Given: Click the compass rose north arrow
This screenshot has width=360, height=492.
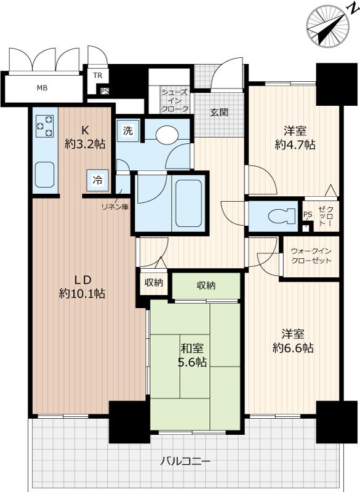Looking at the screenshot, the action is (328, 26).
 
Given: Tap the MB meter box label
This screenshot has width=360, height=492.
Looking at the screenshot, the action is (42, 88).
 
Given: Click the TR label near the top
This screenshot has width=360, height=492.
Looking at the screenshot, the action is (97, 76).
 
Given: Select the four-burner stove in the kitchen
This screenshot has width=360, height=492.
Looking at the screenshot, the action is (45, 126).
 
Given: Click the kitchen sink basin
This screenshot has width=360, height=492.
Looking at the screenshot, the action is (44, 175).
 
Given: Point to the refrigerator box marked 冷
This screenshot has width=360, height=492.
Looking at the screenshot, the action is (98, 180).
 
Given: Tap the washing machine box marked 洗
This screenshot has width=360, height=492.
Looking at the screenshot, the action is (128, 131).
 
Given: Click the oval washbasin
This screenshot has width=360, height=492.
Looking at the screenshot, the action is (167, 135).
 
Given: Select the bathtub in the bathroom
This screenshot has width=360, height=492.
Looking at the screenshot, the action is (188, 203).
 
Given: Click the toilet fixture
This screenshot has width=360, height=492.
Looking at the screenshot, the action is (282, 216).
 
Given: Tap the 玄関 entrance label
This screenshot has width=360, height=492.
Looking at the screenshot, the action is (219, 113).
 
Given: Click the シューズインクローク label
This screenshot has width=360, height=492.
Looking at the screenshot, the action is (175, 101).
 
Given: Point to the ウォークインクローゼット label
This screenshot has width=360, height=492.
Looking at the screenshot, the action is (311, 256).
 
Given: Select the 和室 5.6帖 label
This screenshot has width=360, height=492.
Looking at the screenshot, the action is (192, 355).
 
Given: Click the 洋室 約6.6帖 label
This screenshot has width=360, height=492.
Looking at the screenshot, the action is (293, 341).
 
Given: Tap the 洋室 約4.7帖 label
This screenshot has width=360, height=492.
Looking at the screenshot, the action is (295, 138).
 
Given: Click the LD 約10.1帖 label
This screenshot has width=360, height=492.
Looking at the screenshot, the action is (82, 287).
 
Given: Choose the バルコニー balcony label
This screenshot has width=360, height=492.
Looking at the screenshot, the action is (185, 462).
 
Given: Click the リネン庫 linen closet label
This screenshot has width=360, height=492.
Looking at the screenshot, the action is (115, 207).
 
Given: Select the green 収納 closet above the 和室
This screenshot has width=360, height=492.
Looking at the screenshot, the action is (206, 286).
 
